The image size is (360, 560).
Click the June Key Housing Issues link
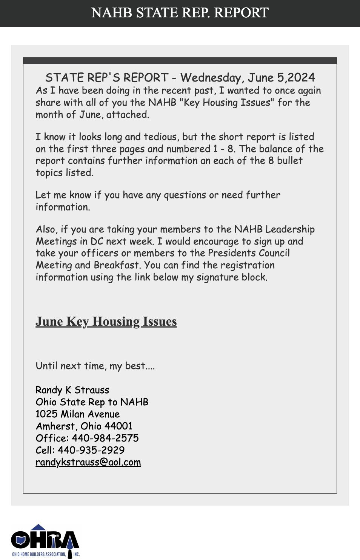pyautogui.click(x=106, y=322)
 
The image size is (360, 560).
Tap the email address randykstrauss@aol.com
pyautogui.click(x=88, y=462)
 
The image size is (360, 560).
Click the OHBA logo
pyautogui.click(x=45, y=541)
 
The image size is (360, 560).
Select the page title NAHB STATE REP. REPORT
pyautogui.click(x=180, y=13)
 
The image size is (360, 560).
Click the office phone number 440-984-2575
pyautogui.click(x=105, y=438)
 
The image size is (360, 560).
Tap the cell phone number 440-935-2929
pyautogui.click(x=91, y=450)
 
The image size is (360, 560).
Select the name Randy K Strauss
pyautogui.click(x=72, y=390)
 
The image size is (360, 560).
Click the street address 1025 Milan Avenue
pyautogui.click(x=78, y=414)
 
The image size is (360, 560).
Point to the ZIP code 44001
pyautogui.click(x=118, y=426)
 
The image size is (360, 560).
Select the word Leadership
pyautogui.click(x=290, y=229)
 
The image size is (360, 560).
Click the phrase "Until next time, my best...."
pyautogui.click(x=95, y=366)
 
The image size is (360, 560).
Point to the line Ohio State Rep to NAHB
pyautogui.click(x=92, y=402)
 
